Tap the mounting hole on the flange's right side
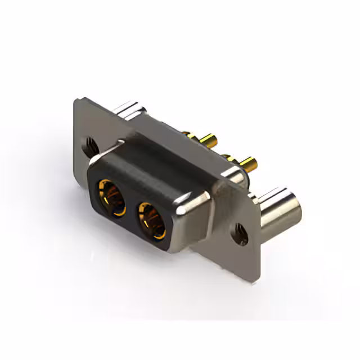tap(241, 232)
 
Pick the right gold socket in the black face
tap(152, 220)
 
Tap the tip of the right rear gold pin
tap(254, 165)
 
